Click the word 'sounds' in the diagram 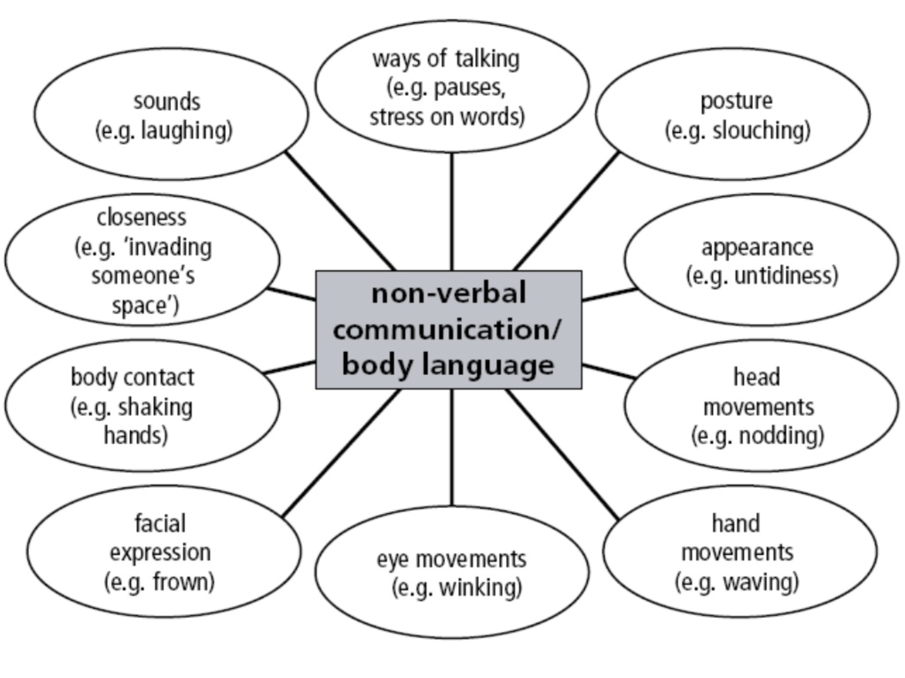(x=167, y=102)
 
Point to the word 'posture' (x=736, y=102)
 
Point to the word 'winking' (x=477, y=588)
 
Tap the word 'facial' (x=160, y=523)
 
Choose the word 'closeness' (x=141, y=218)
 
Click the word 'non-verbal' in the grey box (x=449, y=293)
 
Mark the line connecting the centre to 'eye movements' (x=452, y=447)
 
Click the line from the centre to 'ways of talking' (x=452, y=212)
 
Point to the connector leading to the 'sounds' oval (x=341, y=211)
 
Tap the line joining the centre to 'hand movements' (x=562, y=454)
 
